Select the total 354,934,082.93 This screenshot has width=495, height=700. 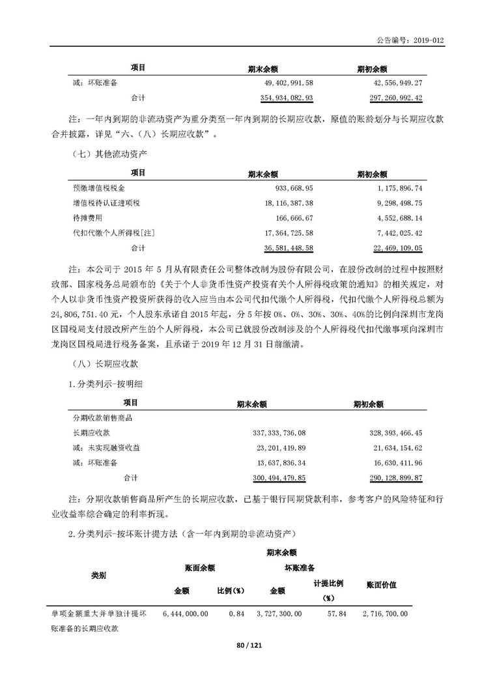277,98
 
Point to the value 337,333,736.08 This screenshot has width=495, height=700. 278,432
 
